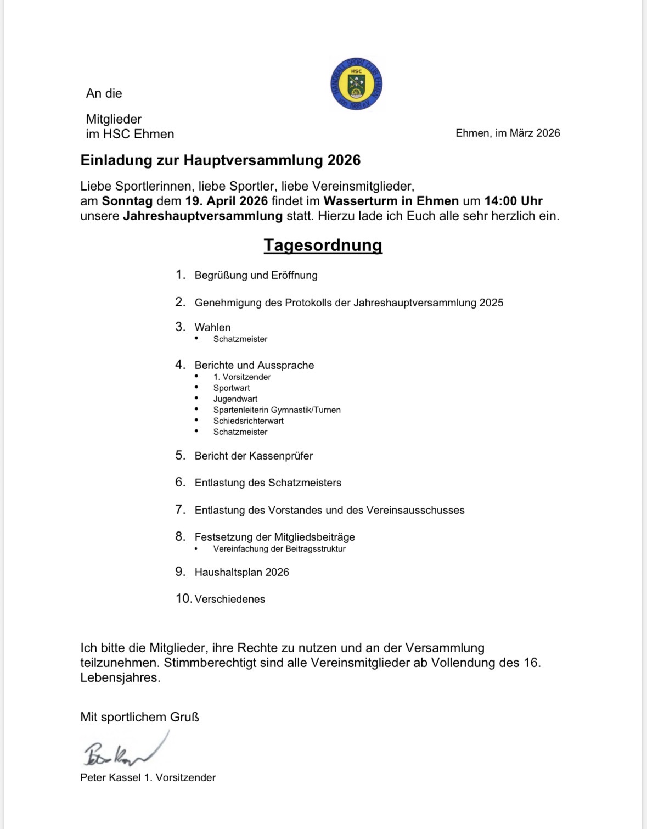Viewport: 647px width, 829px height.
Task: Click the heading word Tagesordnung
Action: tap(323, 245)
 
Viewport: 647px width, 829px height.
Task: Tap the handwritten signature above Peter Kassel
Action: tap(123, 750)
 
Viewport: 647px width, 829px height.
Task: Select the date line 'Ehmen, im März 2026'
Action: tap(508, 133)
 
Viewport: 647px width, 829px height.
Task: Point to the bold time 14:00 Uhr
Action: tap(513, 201)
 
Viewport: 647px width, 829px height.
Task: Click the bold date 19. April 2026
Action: tap(227, 201)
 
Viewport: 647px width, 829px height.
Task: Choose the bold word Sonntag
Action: tap(127, 201)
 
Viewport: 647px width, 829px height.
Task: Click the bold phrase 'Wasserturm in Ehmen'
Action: tap(391, 201)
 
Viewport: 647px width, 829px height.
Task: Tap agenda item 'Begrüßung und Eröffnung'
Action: tap(256, 275)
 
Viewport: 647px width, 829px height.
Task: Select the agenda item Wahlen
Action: tap(212, 327)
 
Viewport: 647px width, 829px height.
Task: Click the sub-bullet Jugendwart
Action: tap(235, 399)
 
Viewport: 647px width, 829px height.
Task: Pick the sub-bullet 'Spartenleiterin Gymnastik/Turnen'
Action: tap(277, 410)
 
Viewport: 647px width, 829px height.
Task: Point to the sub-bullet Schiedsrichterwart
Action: tap(248, 421)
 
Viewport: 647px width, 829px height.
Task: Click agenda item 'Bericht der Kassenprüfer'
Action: tap(254, 456)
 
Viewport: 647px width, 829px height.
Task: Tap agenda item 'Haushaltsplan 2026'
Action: tap(241, 572)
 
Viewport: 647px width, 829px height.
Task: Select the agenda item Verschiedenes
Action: tap(229, 599)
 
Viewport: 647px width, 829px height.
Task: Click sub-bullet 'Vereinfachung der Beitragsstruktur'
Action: tap(279, 549)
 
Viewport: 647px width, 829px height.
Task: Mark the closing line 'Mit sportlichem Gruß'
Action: tap(139, 717)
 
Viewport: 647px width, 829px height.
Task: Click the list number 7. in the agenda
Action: tap(181, 509)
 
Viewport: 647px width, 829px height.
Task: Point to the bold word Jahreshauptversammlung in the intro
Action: tap(202, 216)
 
